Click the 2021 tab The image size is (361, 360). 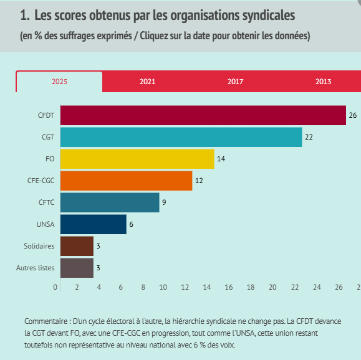coord(147,82)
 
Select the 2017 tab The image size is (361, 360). coord(235,82)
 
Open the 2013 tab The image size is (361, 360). coord(323,82)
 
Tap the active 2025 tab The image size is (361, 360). coord(59,82)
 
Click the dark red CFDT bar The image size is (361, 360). coord(203,115)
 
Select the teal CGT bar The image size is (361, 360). coord(181,137)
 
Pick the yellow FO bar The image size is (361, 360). coord(137,159)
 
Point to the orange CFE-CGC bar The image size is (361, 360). coord(126,181)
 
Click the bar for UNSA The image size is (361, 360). coord(94,224)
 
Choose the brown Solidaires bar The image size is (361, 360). coord(77,246)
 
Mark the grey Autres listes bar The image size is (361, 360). coord(77,268)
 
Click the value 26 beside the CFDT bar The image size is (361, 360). coord(353,115)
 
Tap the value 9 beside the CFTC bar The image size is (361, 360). coord(164,202)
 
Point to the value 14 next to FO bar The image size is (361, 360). coord(221,159)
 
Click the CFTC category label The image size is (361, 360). coord(47,202)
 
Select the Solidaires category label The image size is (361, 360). coord(39,246)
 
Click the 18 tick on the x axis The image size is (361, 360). coord(251,287)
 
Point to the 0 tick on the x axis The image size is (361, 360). coord(55,287)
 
